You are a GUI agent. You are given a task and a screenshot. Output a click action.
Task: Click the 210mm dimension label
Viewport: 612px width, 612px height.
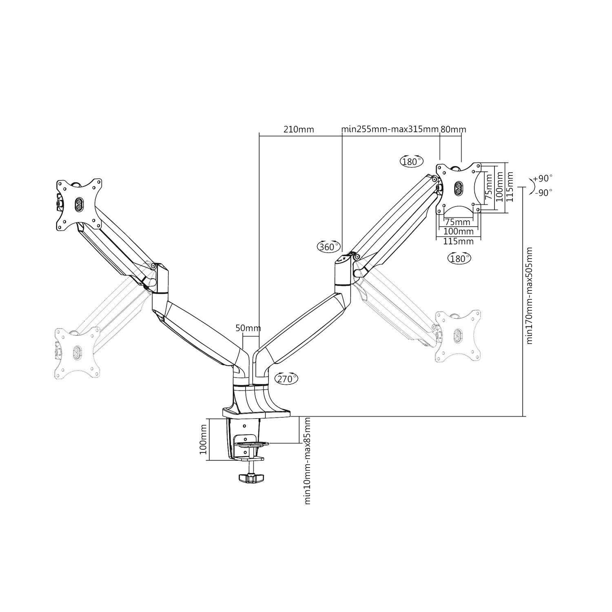[x=299, y=130]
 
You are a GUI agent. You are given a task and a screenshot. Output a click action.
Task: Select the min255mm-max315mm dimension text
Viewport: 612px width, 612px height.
[x=390, y=130]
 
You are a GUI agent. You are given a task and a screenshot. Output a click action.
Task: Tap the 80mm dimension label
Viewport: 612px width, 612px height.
[x=453, y=130]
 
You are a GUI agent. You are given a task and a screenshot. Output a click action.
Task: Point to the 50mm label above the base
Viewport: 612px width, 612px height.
[x=248, y=328]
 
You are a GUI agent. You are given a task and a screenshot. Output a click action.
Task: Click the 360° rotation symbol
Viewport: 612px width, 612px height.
[x=329, y=246]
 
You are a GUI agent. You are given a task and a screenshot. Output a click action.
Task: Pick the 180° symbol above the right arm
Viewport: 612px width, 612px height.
[x=411, y=162]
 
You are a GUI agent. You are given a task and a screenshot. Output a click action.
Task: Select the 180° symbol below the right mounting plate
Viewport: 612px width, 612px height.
[x=459, y=258]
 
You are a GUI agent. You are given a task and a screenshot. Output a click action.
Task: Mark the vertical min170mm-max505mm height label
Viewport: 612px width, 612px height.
[x=530, y=295]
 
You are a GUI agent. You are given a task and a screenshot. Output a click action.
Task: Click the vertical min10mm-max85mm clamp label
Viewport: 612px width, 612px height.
[x=308, y=460]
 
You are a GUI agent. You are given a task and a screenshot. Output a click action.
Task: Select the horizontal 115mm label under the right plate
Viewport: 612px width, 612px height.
[x=459, y=242]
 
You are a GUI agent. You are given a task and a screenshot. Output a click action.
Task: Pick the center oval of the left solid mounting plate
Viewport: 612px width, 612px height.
[x=78, y=204]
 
